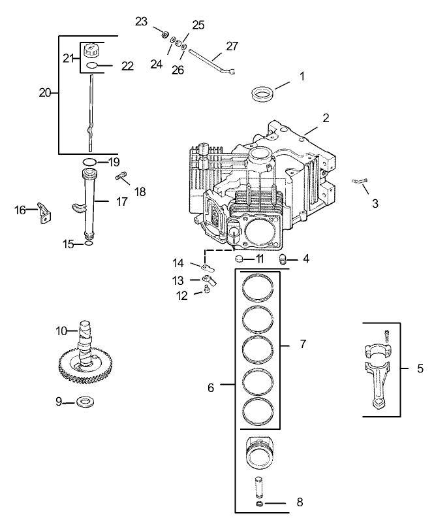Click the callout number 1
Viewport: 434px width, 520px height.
pos(302,76)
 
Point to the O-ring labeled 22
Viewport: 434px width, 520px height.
pos(93,66)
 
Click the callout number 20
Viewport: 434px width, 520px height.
pos(45,93)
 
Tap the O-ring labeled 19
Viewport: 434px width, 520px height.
pos(91,161)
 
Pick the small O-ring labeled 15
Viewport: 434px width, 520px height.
pos(89,245)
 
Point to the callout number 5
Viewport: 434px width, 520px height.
pos(421,368)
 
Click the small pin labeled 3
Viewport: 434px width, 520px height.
pos(360,182)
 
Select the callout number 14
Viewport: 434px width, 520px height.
pos(178,263)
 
